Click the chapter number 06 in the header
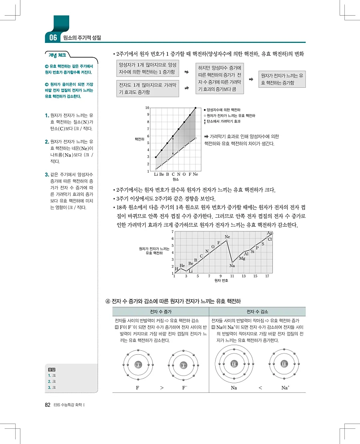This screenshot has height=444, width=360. point(53,38)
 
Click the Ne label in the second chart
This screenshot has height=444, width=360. point(227,237)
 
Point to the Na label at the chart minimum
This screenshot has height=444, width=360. point(232,265)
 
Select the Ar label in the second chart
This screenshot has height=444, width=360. point(270,233)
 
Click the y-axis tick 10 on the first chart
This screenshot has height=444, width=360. point(147,108)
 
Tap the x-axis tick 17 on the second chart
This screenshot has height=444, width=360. point(267,276)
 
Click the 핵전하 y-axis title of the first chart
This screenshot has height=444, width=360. point(140,139)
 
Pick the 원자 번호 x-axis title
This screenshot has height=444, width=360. point(221,281)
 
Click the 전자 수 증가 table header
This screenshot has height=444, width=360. point(160,312)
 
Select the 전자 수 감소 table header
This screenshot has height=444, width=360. point(257,312)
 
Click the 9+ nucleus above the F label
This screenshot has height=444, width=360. point(138,365)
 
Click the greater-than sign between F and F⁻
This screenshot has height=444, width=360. point(162,388)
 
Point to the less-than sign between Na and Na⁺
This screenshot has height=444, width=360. point(260,388)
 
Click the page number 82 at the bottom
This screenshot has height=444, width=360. point(47,404)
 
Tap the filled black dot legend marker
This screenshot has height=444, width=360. point(205,110)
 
